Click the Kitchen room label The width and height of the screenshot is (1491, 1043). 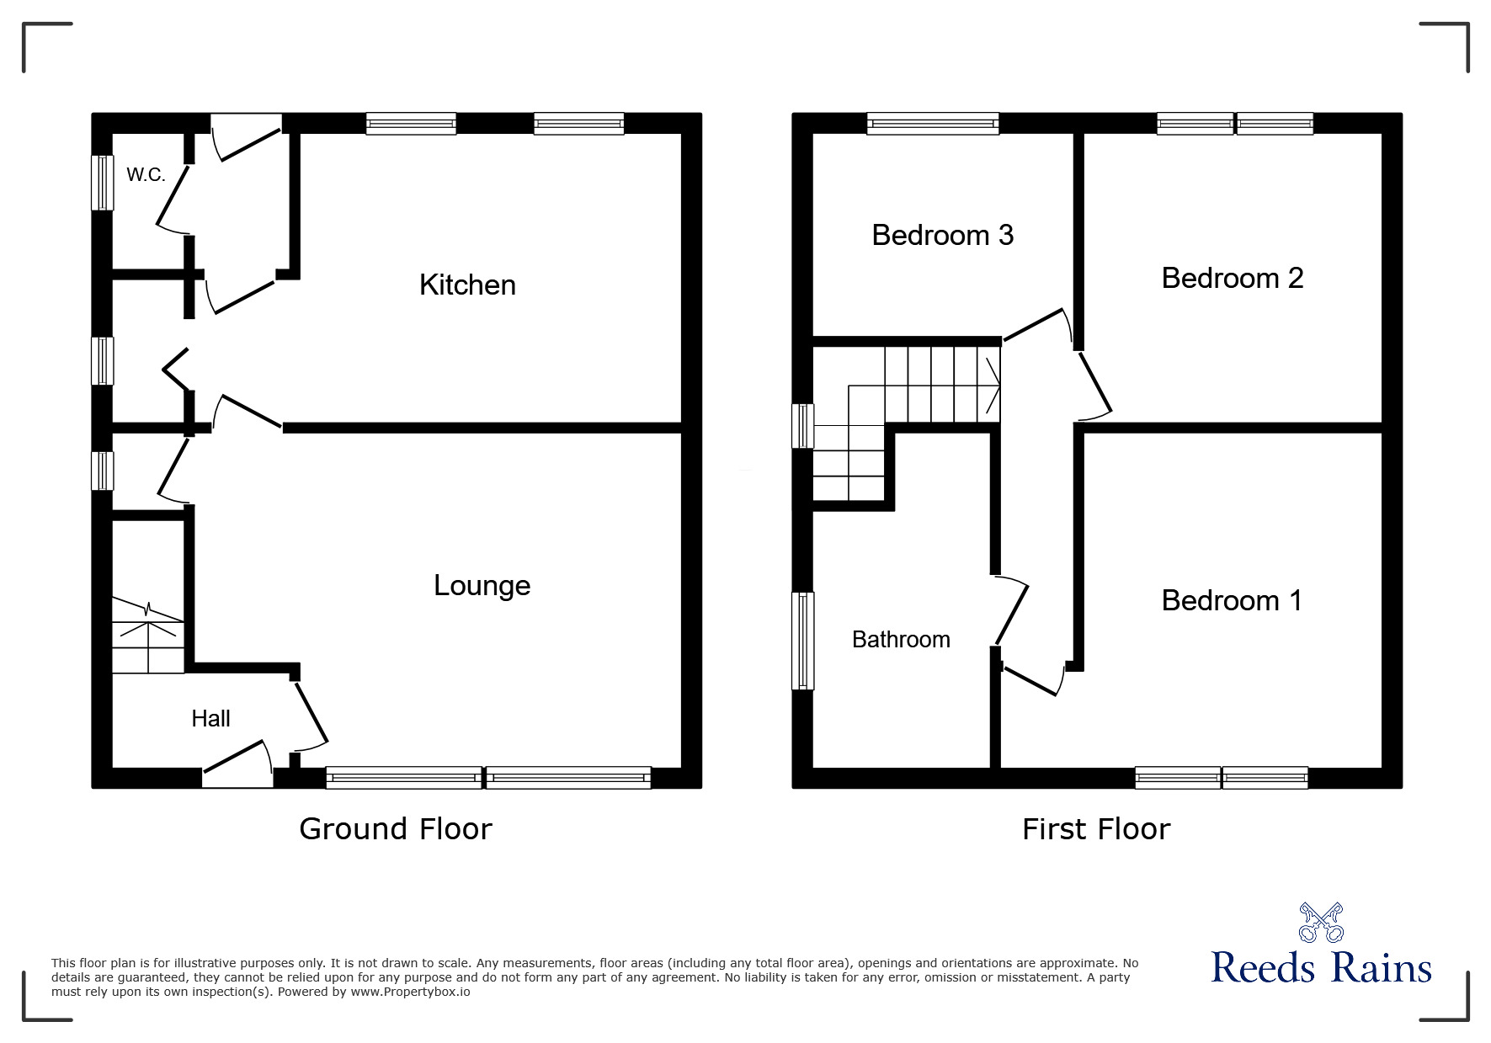467,285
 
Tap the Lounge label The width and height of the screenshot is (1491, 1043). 482,586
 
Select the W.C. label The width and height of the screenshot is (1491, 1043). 146,175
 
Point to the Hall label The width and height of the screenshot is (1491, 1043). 210,718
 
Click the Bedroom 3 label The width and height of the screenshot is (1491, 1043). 942,235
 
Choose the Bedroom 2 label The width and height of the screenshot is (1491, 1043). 1233,278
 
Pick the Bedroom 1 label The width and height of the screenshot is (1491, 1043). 1232,600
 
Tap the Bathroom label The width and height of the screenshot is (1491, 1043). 901,640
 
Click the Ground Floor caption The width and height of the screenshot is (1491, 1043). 396,829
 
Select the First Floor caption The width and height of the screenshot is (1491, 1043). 1096,829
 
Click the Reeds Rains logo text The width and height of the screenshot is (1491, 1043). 1321,967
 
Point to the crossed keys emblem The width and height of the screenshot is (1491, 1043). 1321,923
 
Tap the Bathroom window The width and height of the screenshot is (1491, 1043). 804,641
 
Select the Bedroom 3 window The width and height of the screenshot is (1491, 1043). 933,124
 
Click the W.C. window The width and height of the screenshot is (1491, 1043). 102,183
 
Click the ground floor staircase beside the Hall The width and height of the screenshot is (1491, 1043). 148,636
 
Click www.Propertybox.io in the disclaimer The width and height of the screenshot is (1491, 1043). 410,992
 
